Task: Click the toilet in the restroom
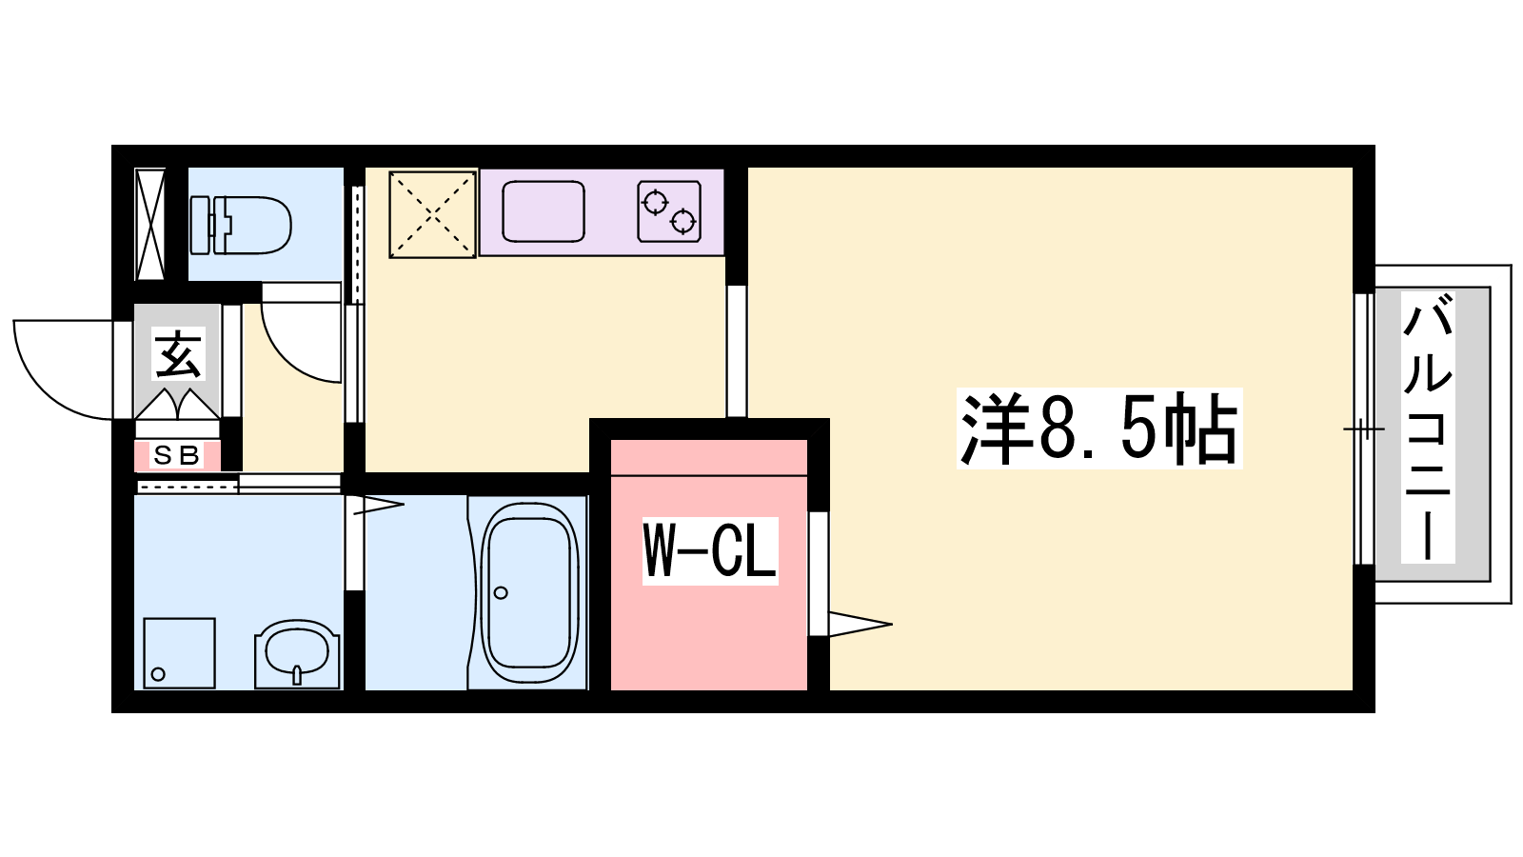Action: (x=241, y=225)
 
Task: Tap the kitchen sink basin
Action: (x=544, y=211)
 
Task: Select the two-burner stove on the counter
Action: (x=669, y=211)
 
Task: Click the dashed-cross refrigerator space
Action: (x=432, y=215)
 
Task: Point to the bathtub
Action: (x=529, y=586)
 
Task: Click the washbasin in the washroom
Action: (x=297, y=653)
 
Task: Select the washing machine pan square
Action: (x=180, y=653)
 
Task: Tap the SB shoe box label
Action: (x=177, y=456)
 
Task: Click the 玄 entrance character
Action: (x=178, y=353)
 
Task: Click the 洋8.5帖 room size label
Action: (x=1099, y=428)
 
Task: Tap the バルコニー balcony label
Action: (x=1428, y=428)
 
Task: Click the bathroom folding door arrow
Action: (x=379, y=505)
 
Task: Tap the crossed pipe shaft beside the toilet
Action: (x=150, y=225)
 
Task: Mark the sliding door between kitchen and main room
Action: (x=737, y=351)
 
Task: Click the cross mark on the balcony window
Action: (x=1363, y=428)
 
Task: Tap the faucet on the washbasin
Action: (x=297, y=675)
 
